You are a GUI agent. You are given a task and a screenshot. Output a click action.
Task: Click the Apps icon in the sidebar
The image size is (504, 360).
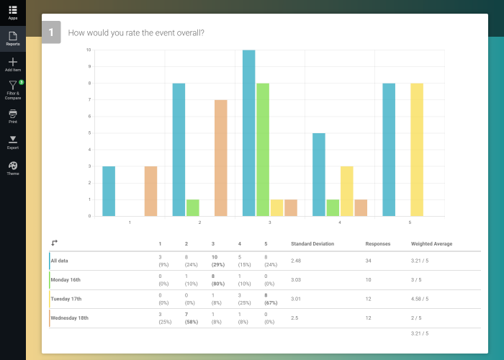pyautogui.click(x=13, y=10)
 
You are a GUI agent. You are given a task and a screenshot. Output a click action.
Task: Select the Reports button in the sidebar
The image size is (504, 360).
pyautogui.click(x=13, y=36)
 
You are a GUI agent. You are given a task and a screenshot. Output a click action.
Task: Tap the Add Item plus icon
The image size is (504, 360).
pyautogui.click(x=13, y=63)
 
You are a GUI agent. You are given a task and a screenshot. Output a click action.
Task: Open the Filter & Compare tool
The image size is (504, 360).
pyautogui.click(x=13, y=87)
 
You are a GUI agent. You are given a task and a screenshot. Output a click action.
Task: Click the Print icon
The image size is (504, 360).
pyautogui.click(x=13, y=114)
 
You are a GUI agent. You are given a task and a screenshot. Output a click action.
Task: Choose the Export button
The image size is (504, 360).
pyautogui.click(x=13, y=140)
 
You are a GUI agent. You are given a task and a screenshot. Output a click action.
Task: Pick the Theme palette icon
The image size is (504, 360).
pyautogui.click(x=13, y=166)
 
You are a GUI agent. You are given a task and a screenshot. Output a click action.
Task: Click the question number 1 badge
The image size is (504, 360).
pyautogui.click(x=51, y=33)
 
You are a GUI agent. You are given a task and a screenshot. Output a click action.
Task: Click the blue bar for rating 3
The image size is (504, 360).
pyautogui.click(x=249, y=133)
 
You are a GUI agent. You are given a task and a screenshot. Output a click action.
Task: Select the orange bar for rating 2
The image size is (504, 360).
pyautogui.click(x=221, y=158)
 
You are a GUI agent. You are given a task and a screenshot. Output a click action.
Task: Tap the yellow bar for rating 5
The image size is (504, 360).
pyautogui.click(x=417, y=150)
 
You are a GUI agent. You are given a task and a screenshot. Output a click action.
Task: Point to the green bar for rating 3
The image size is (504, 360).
pyautogui.click(x=263, y=150)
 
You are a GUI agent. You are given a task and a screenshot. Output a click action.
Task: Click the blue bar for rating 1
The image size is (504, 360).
pyautogui.click(x=109, y=191)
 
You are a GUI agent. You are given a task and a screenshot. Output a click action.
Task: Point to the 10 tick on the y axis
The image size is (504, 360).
pyautogui.click(x=88, y=50)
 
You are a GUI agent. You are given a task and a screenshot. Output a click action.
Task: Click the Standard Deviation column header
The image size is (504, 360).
pyautogui.click(x=313, y=244)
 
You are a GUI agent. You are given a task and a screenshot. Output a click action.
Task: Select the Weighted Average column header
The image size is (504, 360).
pyautogui.click(x=431, y=244)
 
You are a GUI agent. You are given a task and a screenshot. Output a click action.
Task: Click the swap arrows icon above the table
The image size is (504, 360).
pyautogui.click(x=54, y=243)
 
